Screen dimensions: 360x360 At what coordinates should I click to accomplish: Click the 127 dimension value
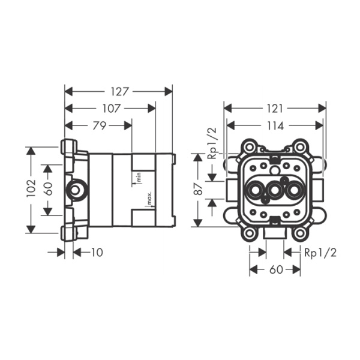click(119, 92)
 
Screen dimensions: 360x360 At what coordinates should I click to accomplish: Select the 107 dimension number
click(110, 109)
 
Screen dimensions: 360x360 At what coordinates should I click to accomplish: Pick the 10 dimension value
click(96, 253)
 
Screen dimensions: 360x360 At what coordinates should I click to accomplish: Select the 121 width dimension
click(274, 109)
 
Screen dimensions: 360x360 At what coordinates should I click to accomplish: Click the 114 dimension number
click(274, 125)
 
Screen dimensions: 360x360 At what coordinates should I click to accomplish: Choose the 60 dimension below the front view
click(275, 269)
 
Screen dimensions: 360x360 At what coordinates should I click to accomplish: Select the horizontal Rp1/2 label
click(320, 253)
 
